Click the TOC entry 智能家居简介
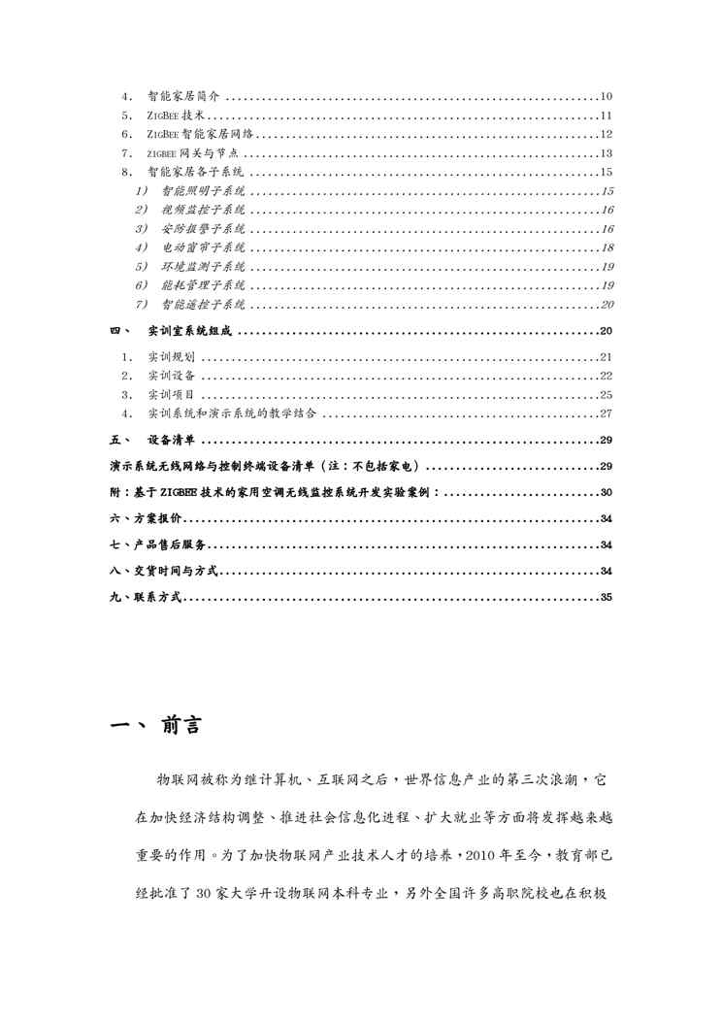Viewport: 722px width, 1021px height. coord(184,97)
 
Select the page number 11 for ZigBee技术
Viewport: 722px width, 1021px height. coord(607,115)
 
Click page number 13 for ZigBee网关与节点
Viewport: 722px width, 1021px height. coord(607,153)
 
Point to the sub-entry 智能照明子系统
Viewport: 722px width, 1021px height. coord(203,191)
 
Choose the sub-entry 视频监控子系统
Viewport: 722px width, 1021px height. coord(203,210)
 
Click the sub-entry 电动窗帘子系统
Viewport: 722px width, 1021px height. coord(203,247)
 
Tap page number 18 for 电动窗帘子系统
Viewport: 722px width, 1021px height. coord(607,247)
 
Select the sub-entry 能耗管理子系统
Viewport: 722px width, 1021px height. coord(203,285)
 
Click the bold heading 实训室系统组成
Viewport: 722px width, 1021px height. coord(189,331)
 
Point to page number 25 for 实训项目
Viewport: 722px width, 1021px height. coord(607,395)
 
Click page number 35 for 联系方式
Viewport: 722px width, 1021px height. coord(607,597)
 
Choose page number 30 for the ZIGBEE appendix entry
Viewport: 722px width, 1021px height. coord(607,492)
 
